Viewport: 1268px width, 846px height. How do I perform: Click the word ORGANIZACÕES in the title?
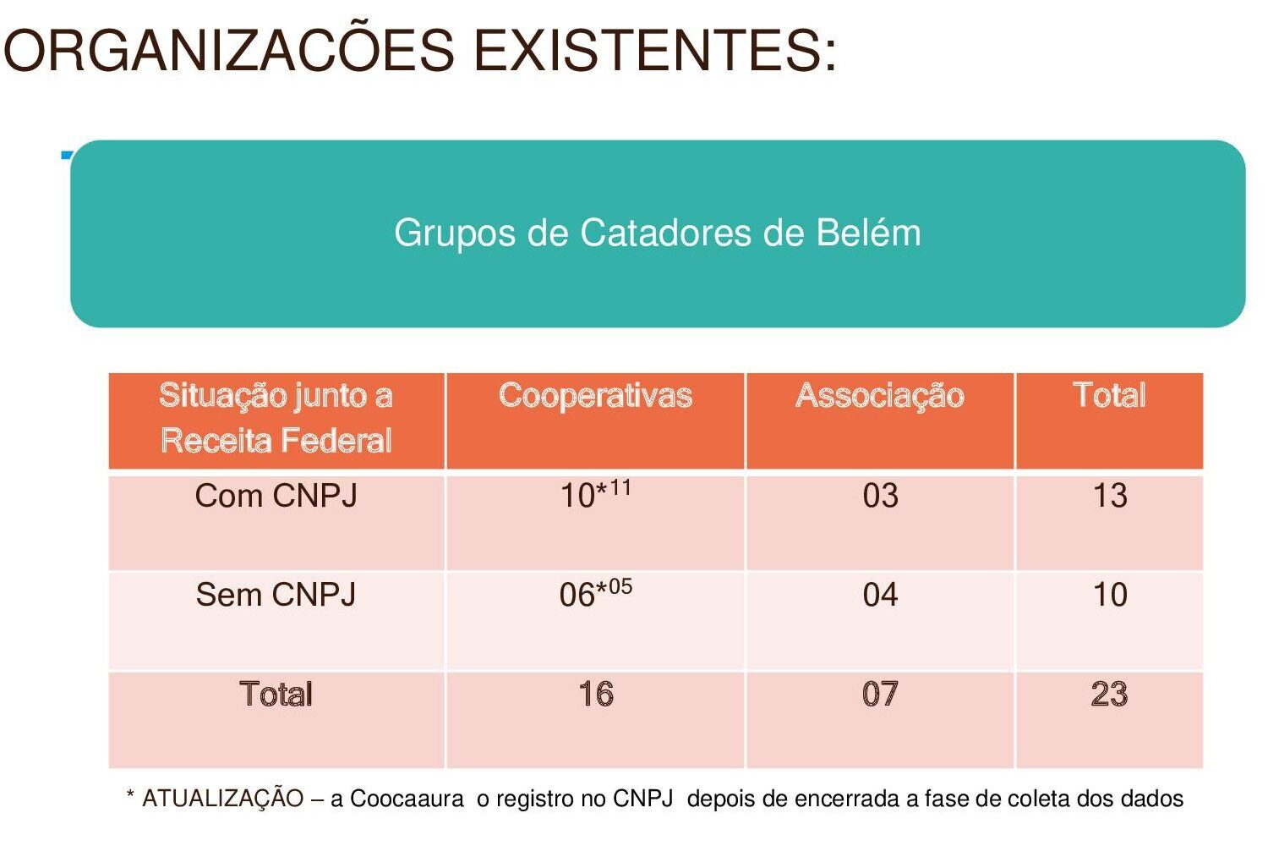(228, 51)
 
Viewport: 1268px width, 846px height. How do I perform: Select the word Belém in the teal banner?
(868, 233)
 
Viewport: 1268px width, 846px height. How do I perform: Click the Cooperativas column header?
(595, 395)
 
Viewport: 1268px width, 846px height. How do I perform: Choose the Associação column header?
(879, 395)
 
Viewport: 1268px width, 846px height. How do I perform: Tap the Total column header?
(1109, 395)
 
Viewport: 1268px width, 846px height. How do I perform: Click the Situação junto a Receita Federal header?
(276, 418)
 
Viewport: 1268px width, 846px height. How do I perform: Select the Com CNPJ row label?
(276, 496)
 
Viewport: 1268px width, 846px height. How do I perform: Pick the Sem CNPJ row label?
(276, 595)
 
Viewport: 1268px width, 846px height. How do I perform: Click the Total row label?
(276, 695)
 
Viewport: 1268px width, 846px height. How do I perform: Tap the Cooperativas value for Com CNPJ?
(595, 495)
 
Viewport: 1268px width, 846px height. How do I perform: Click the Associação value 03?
(880, 496)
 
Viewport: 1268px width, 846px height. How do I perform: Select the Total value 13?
(1110, 496)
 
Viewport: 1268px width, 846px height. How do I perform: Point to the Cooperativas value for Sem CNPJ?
(595, 594)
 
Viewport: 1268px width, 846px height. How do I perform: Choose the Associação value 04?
(880, 595)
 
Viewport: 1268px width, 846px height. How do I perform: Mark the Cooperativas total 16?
(596, 695)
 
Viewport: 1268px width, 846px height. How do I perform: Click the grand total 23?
(1109, 695)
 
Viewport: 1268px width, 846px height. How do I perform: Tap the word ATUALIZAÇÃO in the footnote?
(222, 799)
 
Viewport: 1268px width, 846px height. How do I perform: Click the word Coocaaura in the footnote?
(407, 799)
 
